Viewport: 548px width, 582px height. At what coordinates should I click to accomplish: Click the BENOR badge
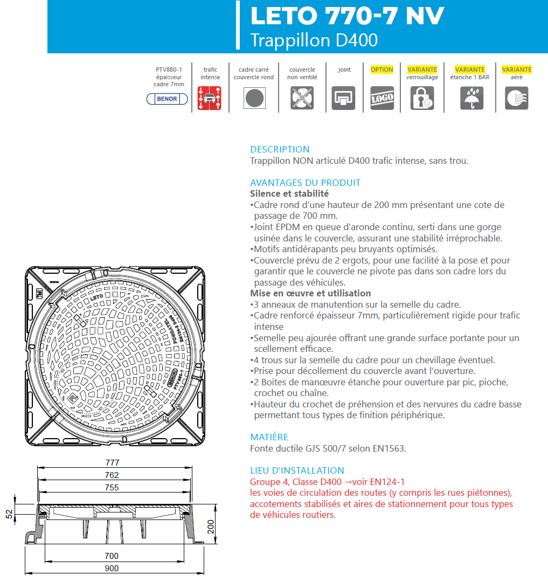[167, 99]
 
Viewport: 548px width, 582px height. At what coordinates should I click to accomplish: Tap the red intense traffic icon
[210, 98]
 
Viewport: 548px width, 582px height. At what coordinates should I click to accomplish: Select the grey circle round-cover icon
[254, 98]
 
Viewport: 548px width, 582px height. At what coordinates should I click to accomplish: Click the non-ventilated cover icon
[302, 98]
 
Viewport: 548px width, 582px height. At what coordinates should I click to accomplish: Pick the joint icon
[344, 98]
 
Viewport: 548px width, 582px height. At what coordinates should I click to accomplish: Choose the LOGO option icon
[382, 98]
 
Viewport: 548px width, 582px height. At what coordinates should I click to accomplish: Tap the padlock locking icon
[422, 98]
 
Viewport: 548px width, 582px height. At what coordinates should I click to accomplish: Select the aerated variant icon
[516, 98]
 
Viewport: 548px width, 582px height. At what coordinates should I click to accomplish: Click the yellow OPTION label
[382, 70]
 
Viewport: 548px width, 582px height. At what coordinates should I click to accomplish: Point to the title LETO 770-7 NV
[347, 16]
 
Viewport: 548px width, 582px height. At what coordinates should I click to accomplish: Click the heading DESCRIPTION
[280, 149]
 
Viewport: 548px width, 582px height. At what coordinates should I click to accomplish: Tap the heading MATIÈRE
[269, 437]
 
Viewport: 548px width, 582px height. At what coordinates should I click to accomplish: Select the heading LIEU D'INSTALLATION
[297, 470]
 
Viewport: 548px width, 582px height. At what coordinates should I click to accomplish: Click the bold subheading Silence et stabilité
[289, 193]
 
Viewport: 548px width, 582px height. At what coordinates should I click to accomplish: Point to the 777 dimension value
[112, 463]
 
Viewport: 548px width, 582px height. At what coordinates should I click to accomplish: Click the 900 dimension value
[112, 568]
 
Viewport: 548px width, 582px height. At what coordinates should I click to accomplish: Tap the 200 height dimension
[211, 526]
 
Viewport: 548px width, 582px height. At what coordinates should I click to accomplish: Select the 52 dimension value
[9, 514]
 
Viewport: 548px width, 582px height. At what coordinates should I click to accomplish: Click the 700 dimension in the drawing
[112, 556]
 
